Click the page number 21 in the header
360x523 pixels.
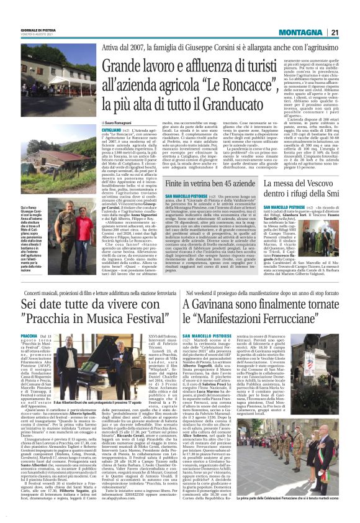coord(335,32)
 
